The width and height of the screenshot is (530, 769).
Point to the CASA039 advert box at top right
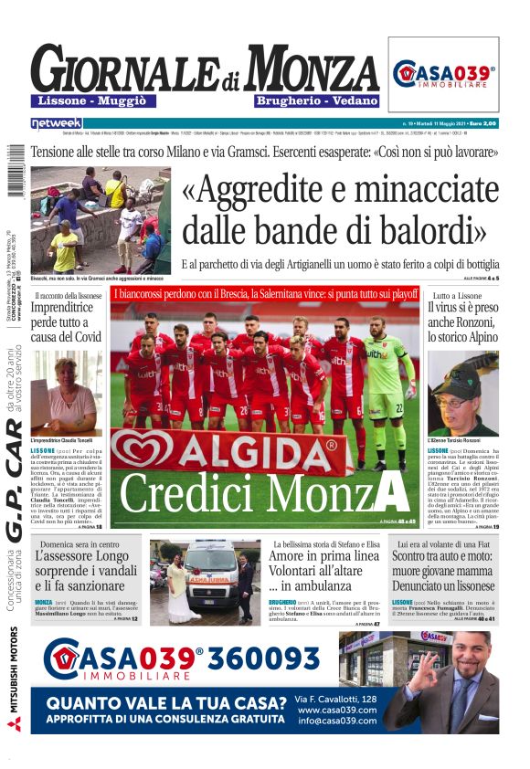(x=443, y=75)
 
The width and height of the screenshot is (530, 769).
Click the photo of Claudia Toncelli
(x=67, y=394)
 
